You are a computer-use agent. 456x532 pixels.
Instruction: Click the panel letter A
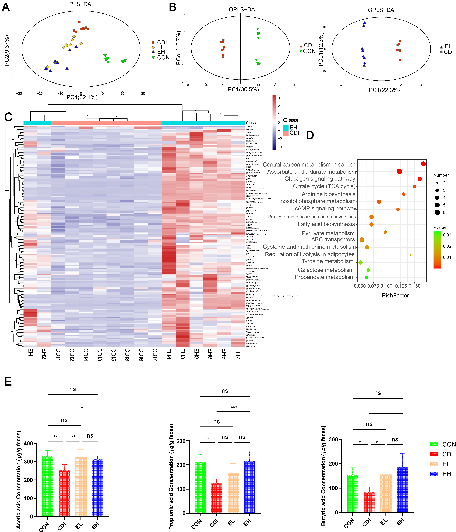(6, 7)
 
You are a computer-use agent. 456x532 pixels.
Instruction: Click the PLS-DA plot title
(80, 4)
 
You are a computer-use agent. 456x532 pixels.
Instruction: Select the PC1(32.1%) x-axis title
(82, 97)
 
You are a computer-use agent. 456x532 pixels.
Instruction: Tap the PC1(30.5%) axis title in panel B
(243, 89)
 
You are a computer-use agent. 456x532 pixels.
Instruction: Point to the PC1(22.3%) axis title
(384, 90)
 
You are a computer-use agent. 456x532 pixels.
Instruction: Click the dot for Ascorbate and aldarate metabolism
(399, 171)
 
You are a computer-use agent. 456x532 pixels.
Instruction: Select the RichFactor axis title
(395, 296)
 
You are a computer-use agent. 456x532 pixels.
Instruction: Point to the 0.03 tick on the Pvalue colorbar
(447, 235)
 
